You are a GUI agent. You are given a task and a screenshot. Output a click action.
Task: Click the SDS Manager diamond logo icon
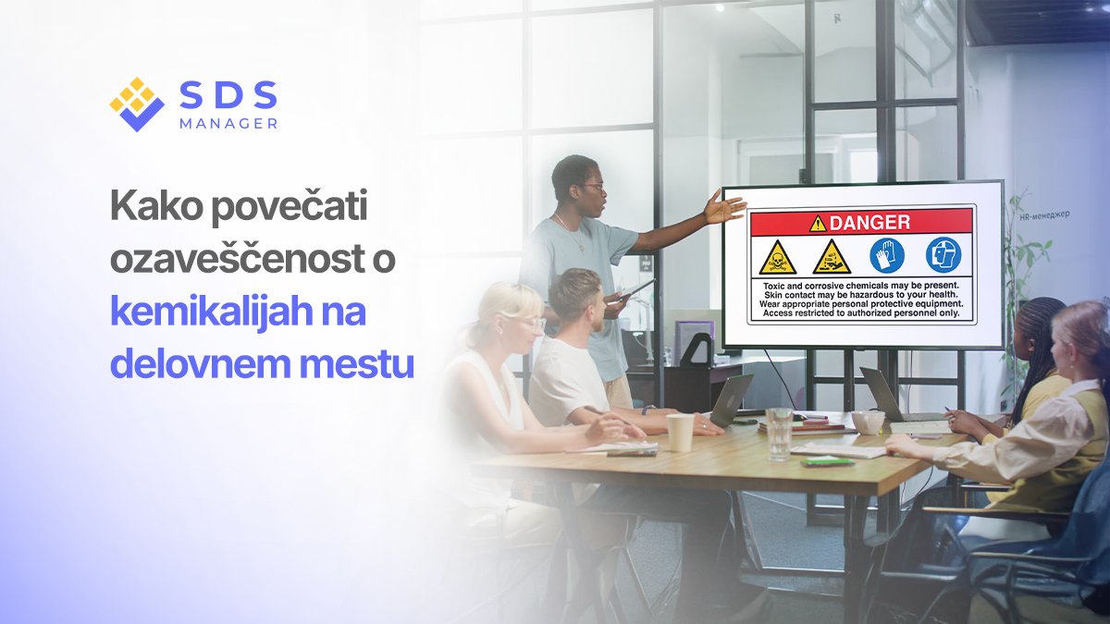pyautogui.click(x=137, y=104)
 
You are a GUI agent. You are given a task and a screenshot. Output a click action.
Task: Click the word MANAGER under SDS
pyautogui.click(x=228, y=123)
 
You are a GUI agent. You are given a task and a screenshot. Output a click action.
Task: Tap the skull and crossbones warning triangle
pyautogui.click(x=777, y=258)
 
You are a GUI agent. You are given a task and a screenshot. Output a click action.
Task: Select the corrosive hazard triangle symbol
pyautogui.click(x=832, y=258)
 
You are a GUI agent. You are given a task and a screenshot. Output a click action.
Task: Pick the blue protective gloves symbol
pyautogui.click(x=887, y=255)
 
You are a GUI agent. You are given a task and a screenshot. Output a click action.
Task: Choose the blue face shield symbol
pyautogui.click(x=943, y=255)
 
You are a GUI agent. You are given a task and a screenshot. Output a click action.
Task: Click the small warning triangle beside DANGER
pyautogui.click(x=818, y=223)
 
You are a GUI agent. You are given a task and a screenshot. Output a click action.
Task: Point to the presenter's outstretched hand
pyautogui.click(x=724, y=207)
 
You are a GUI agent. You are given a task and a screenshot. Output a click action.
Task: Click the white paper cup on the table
pyautogui.click(x=680, y=432)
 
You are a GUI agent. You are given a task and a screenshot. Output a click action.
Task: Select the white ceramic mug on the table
pyautogui.click(x=868, y=422)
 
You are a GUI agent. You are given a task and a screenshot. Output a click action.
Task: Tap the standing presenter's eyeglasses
pyautogui.click(x=593, y=188)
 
